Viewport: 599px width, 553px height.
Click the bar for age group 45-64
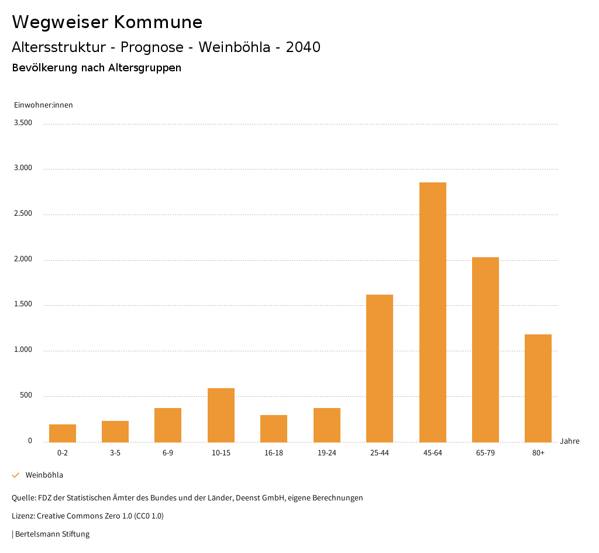coord(432,312)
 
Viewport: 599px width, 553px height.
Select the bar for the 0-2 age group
coord(63,433)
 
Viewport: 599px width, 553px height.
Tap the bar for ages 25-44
coord(380,368)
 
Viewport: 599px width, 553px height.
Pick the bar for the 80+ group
coord(538,388)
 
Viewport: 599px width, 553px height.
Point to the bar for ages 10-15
coord(221,415)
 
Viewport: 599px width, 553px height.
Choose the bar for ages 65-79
coord(486,350)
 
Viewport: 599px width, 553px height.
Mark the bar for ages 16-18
coord(274,428)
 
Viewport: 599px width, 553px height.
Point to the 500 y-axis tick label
coord(26,396)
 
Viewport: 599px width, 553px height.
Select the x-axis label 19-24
coord(327,453)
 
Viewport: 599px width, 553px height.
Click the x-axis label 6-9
coord(168,453)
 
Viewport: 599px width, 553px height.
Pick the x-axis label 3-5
coord(115,453)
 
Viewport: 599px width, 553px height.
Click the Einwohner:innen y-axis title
coord(43,105)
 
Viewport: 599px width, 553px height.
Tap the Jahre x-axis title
coord(570,441)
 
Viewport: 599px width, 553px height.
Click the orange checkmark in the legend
coord(16,475)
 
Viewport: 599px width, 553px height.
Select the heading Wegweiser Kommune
coord(107,22)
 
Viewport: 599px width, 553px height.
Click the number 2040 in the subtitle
coord(303,47)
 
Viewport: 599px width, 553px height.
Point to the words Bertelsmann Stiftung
coord(52,534)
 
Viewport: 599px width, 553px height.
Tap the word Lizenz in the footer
coord(23,516)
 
